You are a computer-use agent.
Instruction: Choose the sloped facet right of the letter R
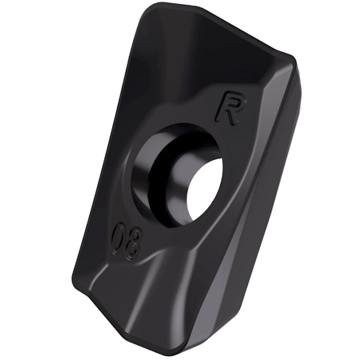264,114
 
